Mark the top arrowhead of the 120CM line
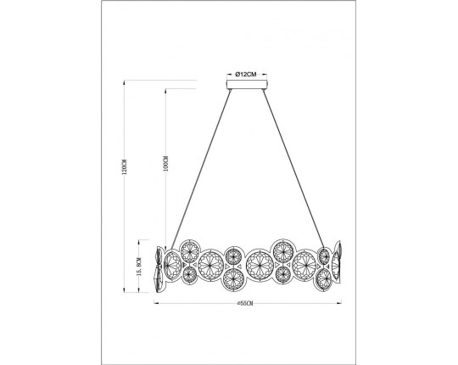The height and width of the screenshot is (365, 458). tap(125, 83)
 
